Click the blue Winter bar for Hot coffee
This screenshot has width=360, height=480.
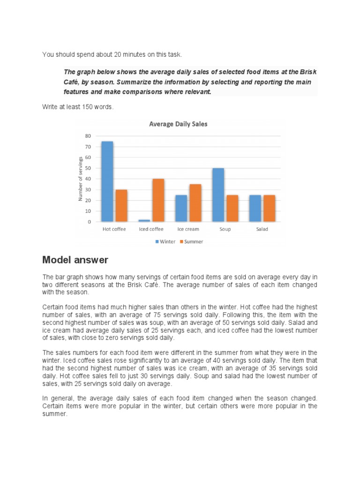(x=107, y=181)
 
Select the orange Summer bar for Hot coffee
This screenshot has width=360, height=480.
(x=121, y=206)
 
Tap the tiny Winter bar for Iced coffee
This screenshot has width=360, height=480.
(x=144, y=220)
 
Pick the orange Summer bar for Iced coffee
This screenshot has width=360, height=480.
(x=158, y=200)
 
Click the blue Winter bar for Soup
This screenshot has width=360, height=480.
(x=218, y=195)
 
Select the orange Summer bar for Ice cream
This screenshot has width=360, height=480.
(x=195, y=203)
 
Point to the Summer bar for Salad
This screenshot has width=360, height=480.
(x=269, y=208)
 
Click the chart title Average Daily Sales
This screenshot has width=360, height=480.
(x=178, y=124)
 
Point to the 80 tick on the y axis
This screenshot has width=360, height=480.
(x=88, y=136)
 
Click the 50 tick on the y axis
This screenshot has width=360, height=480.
(x=88, y=168)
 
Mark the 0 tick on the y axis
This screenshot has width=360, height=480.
(x=90, y=222)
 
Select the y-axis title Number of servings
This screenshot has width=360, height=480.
(x=80, y=179)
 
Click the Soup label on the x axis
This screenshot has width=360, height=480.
(x=225, y=230)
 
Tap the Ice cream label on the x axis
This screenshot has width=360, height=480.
(x=188, y=230)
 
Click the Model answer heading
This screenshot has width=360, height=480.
(x=75, y=260)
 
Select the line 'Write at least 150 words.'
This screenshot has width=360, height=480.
(x=77, y=107)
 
